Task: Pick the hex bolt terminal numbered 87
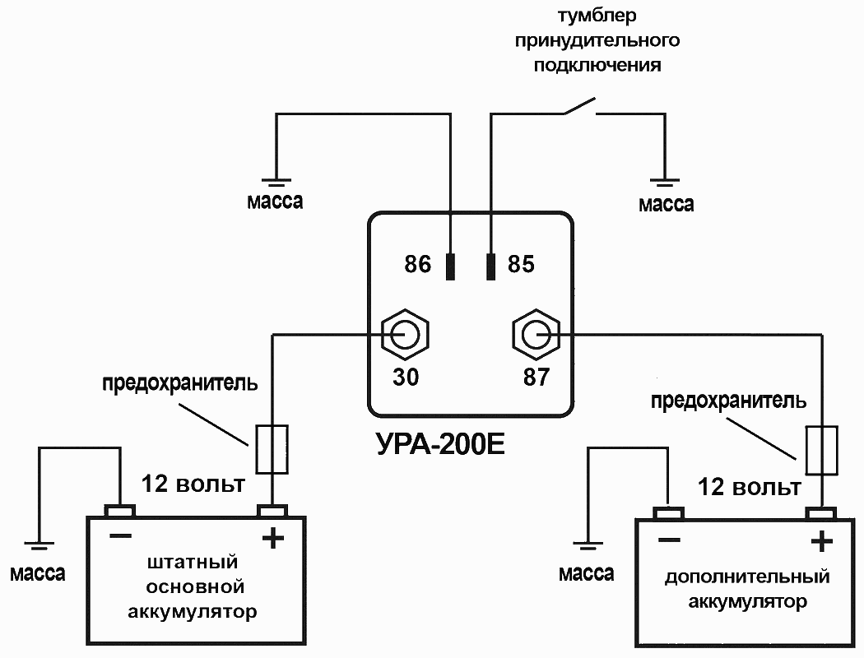[x=536, y=334]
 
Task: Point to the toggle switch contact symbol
[x=579, y=107]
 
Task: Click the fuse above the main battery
[x=272, y=449]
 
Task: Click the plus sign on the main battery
[x=272, y=539]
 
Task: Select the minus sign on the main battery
[x=120, y=535]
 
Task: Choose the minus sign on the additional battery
[x=669, y=540]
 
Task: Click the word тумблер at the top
[x=597, y=16]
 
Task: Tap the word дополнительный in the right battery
[x=746, y=577]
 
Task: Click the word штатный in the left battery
[x=192, y=563]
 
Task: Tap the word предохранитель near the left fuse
[x=179, y=383]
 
